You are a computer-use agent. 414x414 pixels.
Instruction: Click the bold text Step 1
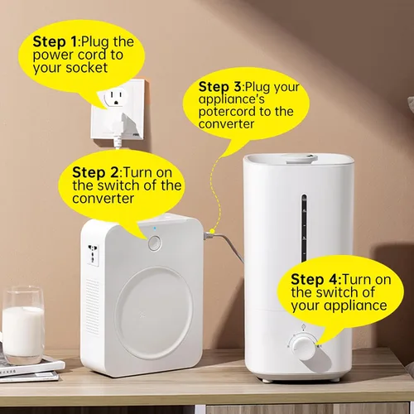tap(55, 41)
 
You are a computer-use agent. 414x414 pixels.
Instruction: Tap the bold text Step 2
tap(95, 172)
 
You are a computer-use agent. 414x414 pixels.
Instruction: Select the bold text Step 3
tap(219, 87)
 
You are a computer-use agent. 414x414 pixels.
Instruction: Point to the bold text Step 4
tap(315, 279)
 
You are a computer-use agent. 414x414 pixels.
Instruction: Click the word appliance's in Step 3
tap(231, 99)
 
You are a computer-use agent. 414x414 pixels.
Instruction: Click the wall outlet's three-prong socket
tap(115, 98)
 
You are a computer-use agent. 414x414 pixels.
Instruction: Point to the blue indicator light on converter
tap(155, 229)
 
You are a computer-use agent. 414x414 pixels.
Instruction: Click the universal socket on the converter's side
tap(93, 255)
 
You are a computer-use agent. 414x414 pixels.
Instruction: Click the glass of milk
tap(23, 325)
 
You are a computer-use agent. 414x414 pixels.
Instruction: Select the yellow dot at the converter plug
tap(212, 231)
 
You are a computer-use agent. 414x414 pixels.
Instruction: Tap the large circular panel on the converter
tap(154, 313)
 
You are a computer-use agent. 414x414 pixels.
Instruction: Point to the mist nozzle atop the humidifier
tap(300, 159)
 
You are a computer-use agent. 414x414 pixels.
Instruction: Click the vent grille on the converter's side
tap(92, 306)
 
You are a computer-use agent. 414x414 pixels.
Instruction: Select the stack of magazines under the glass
tap(31, 368)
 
